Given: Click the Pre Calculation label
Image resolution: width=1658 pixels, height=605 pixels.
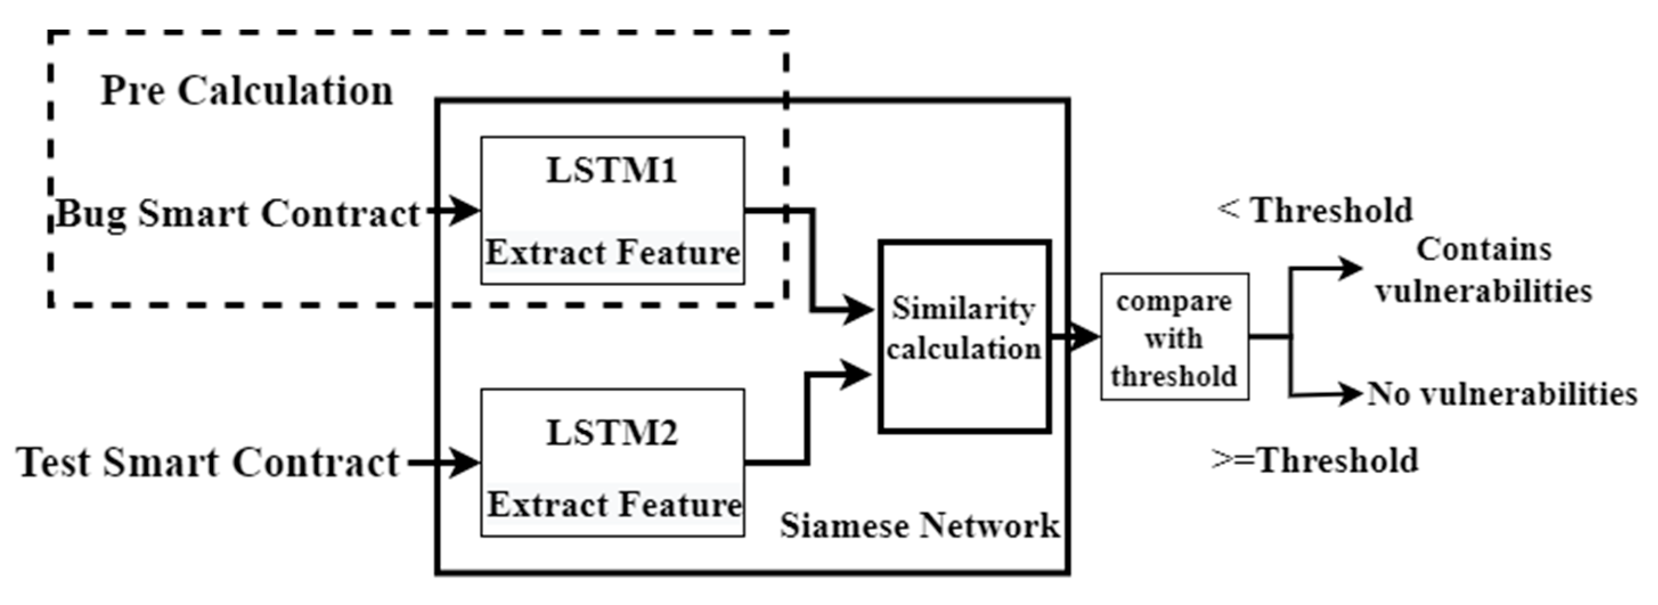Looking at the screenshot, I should [247, 91].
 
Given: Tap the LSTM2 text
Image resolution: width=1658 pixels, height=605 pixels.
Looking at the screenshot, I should [611, 433].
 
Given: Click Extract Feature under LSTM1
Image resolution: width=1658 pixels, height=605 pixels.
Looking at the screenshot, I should [612, 253].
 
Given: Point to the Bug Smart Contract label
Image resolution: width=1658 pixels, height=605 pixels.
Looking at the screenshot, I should [238, 214].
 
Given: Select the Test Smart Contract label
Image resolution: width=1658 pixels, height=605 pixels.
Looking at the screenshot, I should [208, 463].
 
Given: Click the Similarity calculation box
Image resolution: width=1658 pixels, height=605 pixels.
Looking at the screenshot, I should [964, 337].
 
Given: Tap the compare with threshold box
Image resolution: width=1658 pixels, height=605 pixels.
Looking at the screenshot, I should [1174, 337].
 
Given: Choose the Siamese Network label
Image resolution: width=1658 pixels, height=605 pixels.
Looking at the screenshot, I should [919, 526].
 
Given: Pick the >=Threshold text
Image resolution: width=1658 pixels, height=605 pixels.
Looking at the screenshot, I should [1315, 461].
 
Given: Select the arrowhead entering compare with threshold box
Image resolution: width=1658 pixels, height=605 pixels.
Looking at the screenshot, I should [1084, 336].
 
